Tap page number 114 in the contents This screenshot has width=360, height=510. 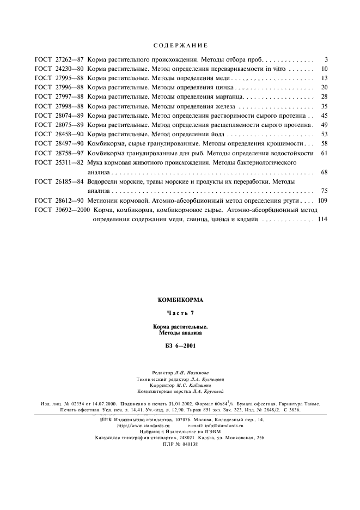(x=321, y=220)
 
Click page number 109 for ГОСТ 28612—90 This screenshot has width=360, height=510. (x=321, y=201)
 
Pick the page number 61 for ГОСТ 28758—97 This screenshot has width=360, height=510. (x=324, y=153)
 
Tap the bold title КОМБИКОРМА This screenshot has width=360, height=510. (x=180, y=300)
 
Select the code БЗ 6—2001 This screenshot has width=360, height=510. (x=180, y=345)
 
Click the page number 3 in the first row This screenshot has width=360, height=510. (x=325, y=59)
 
